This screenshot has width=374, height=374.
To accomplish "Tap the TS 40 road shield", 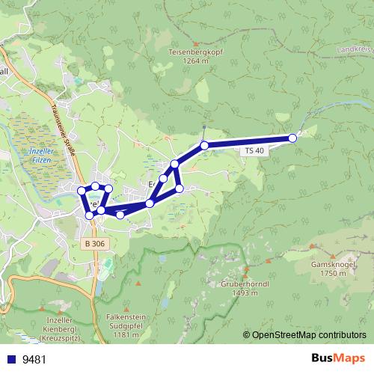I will [254, 150].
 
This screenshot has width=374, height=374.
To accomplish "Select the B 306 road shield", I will [94, 244].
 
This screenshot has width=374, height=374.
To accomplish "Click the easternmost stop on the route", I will [292, 138].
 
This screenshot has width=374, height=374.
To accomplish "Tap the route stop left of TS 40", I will [204, 145].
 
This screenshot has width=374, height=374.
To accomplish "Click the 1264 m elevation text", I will [196, 61].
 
